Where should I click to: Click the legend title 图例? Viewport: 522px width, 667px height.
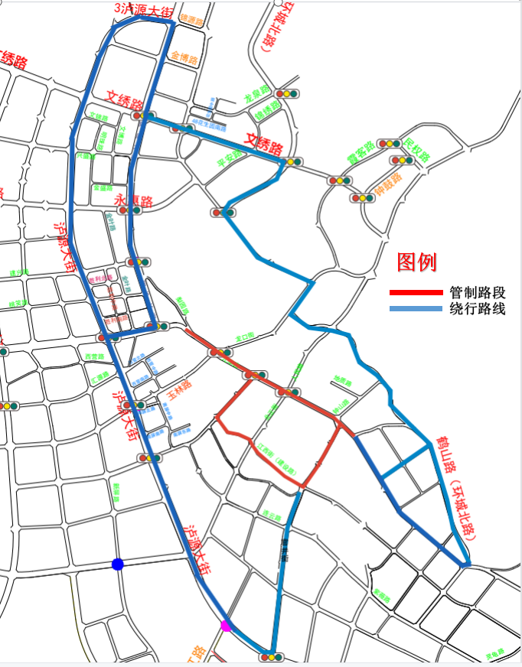point(416,262)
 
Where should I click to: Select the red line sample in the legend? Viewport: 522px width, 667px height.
point(416,292)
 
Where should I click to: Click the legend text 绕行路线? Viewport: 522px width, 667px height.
point(478,309)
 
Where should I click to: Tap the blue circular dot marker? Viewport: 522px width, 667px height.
point(118,565)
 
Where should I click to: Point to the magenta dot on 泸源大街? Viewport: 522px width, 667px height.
point(225,626)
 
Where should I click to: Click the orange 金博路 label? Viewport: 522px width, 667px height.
point(184,57)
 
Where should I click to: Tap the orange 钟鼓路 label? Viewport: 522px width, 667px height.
point(389,184)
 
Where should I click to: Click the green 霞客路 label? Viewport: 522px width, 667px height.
point(361,150)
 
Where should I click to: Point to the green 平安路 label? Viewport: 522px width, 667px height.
point(230,159)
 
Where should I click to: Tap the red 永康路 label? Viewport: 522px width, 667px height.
point(134,201)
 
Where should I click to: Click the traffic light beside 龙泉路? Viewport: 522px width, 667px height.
point(287,94)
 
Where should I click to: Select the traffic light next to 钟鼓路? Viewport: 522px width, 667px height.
point(363,198)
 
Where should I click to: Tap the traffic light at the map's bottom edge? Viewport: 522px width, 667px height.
point(272,656)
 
